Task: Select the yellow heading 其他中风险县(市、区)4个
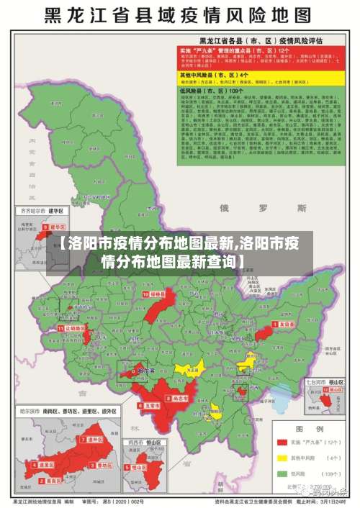[215, 74]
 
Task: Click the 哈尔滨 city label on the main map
[145, 372]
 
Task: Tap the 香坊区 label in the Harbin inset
[104, 466]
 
